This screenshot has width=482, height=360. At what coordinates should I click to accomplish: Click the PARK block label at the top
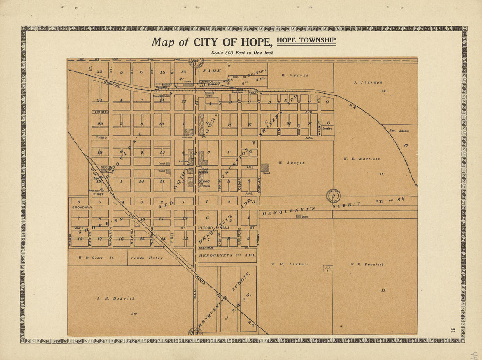click(212, 71)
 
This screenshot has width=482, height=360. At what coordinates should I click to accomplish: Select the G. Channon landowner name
click(368, 82)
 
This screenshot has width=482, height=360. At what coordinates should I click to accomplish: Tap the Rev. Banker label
click(399, 131)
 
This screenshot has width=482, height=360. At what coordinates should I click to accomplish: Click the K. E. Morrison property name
click(369, 159)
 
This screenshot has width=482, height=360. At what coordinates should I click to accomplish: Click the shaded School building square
click(265, 167)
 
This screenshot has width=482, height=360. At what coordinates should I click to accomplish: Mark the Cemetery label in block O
click(328, 129)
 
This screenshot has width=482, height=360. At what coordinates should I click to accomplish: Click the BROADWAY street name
click(82, 207)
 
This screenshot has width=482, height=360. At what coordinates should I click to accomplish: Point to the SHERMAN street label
click(206, 247)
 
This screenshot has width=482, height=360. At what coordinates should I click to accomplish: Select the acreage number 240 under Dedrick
click(133, 314)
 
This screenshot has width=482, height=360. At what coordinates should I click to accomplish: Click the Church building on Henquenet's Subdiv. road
click(298, 216)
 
